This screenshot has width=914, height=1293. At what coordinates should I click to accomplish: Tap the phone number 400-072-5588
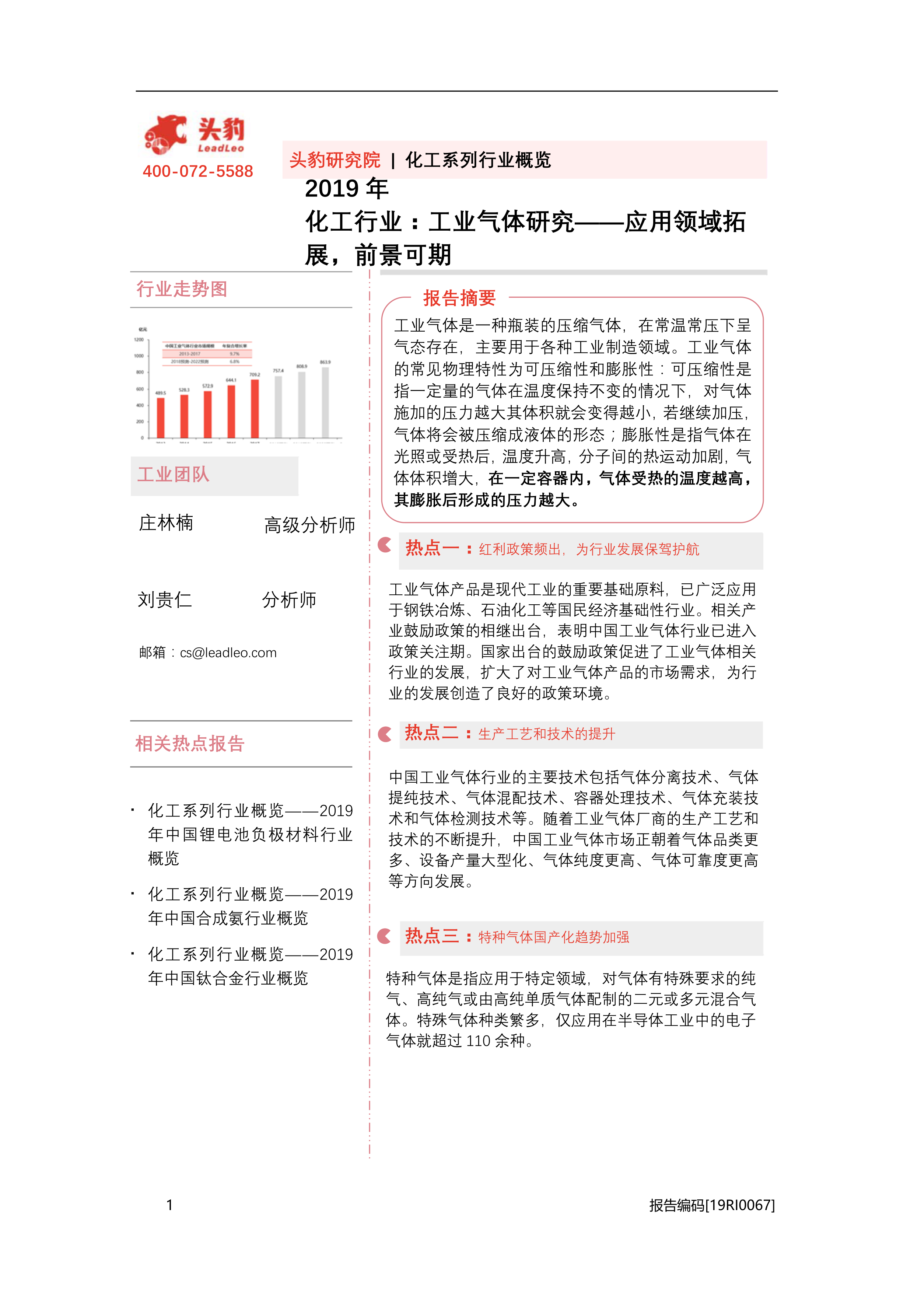coord(198,171)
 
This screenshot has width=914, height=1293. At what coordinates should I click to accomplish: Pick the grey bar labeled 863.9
coord(325,402)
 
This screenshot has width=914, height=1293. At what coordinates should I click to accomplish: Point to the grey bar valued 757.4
coord(278,406)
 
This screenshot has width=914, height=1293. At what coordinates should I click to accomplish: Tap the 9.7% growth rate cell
coord(234,354)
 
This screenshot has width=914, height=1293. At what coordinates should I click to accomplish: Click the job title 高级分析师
coord(309,525)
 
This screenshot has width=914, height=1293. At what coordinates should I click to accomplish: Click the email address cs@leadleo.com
coord(228,653)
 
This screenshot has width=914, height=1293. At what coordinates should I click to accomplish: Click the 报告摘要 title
coord(459,298)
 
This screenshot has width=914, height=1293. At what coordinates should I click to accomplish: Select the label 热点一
coord(432,548)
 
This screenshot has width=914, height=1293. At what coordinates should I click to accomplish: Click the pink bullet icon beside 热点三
coord(385,936)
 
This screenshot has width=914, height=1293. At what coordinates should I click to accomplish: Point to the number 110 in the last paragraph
coord(478,1041)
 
